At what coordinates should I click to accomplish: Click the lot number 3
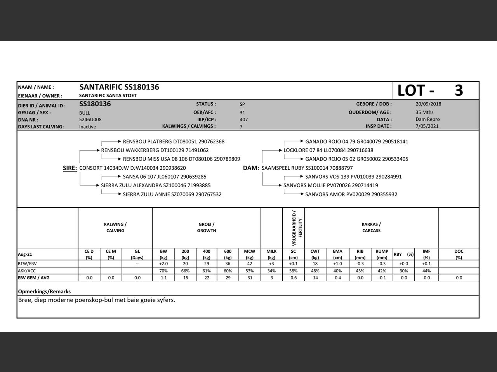(459, 90)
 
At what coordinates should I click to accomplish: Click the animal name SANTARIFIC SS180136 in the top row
(119, 87)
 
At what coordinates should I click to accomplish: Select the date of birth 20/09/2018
(428, 104)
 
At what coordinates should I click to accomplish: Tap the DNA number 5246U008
(90, 120)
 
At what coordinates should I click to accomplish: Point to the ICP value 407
(243, 120)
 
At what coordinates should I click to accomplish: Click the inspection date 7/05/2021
(427, 126)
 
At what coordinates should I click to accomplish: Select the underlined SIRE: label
(70, 168)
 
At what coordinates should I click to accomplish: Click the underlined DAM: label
(251, 168)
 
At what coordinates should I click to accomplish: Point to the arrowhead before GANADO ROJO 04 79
(302, 141)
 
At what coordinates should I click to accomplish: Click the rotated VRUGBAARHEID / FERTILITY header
(297, 228)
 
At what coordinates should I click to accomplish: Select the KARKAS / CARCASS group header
(371, 227)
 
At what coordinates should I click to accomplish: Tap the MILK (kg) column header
(271, 254)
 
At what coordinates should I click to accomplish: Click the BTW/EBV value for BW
(163, 264)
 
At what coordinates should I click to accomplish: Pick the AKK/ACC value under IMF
(426, 271)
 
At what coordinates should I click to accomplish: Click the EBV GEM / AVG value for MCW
(250, 278)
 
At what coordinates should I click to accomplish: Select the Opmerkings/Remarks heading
(44, 291)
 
